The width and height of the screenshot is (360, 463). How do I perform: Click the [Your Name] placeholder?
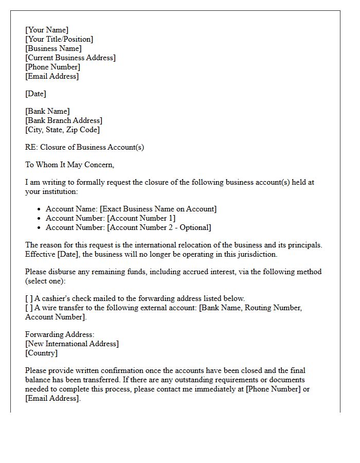click(x=47, y=30)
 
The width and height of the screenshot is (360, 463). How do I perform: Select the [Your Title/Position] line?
click(x=59, y=39)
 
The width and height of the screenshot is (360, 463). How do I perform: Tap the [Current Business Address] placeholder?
click(x=70, y=58)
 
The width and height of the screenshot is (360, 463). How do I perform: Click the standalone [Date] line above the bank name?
click(x=35, y=94)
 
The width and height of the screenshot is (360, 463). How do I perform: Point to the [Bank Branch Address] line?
click(x=64, y=120)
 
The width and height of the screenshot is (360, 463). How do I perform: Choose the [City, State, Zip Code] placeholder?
click(x=62, y=130)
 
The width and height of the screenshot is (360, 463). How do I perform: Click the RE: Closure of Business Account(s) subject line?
click(x=84, y=147)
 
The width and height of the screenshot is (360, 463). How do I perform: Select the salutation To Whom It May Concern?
click(x=69, y=165)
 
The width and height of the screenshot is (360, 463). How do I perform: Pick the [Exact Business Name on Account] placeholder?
click(x=158, y=209)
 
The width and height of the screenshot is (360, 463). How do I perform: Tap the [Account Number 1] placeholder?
click(x=141, y=218)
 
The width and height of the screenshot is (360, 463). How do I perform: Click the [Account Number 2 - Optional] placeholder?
click(x=159, y=227)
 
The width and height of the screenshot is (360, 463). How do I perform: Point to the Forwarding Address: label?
click(x=60, y=334)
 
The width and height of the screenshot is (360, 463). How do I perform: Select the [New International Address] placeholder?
click(x=72, y=344)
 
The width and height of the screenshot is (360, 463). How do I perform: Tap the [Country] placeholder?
click(x=42, y=353)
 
